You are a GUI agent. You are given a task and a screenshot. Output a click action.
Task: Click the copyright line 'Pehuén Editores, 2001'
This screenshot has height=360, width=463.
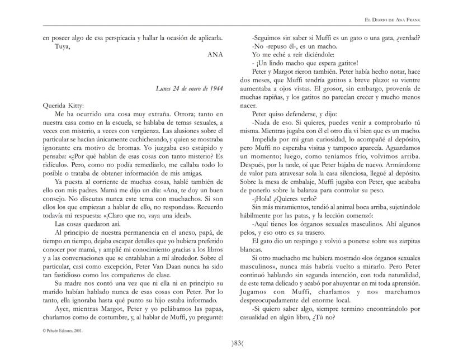click(62, 330)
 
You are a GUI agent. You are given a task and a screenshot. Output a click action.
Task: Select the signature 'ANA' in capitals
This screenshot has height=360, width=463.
click(215, 55)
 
